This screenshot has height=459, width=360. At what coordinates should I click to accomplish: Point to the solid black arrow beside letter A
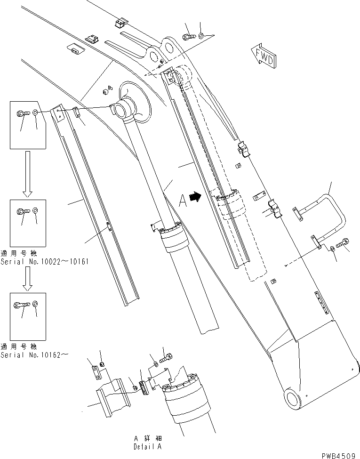coord(193,199)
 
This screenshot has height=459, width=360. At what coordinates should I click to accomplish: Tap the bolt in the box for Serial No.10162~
coord(23,304)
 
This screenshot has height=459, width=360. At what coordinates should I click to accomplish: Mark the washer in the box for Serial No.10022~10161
coord(36,210)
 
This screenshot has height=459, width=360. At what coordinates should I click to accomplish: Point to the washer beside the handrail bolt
coord(333,249)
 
